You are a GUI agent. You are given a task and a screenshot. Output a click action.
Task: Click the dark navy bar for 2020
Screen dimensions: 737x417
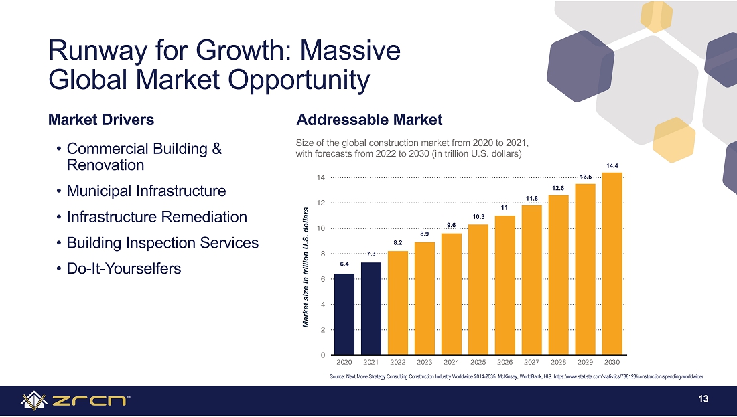[344, 314]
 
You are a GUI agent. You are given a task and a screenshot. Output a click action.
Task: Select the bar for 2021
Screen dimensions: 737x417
[371, 309]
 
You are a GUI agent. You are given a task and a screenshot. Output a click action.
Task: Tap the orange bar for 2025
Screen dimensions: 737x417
[478, 290]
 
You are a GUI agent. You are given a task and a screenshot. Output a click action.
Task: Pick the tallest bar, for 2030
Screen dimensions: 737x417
[612, 264]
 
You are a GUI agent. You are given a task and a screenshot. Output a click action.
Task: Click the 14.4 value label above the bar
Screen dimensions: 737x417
[612, 166]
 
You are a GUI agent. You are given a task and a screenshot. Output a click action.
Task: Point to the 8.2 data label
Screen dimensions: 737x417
[397, 243]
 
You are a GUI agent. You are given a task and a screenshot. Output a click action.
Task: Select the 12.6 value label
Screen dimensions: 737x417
[558, 188]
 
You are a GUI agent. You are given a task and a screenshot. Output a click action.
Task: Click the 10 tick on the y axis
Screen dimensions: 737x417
[321, 228]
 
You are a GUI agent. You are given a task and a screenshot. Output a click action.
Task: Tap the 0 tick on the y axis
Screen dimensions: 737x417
[323, 355]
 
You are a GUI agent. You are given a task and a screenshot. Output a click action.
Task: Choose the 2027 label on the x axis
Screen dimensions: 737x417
[531, 362]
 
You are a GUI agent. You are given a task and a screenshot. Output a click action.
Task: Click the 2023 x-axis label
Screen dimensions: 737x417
[424, 362]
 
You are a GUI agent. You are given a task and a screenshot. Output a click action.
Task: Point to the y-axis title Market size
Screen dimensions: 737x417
[306, 268]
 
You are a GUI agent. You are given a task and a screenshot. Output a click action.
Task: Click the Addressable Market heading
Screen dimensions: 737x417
[369, 120]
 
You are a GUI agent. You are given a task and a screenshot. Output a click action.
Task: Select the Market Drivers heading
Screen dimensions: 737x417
[101, 120]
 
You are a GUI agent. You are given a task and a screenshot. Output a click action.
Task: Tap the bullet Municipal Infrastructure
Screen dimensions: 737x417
[146, 191]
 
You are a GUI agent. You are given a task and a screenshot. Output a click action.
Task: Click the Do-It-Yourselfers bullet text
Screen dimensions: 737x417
[124, 268]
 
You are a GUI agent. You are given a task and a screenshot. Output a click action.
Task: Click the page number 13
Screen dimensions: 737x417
[703, 399]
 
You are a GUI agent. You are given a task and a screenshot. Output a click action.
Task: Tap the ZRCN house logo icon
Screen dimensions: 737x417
[34, 400]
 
